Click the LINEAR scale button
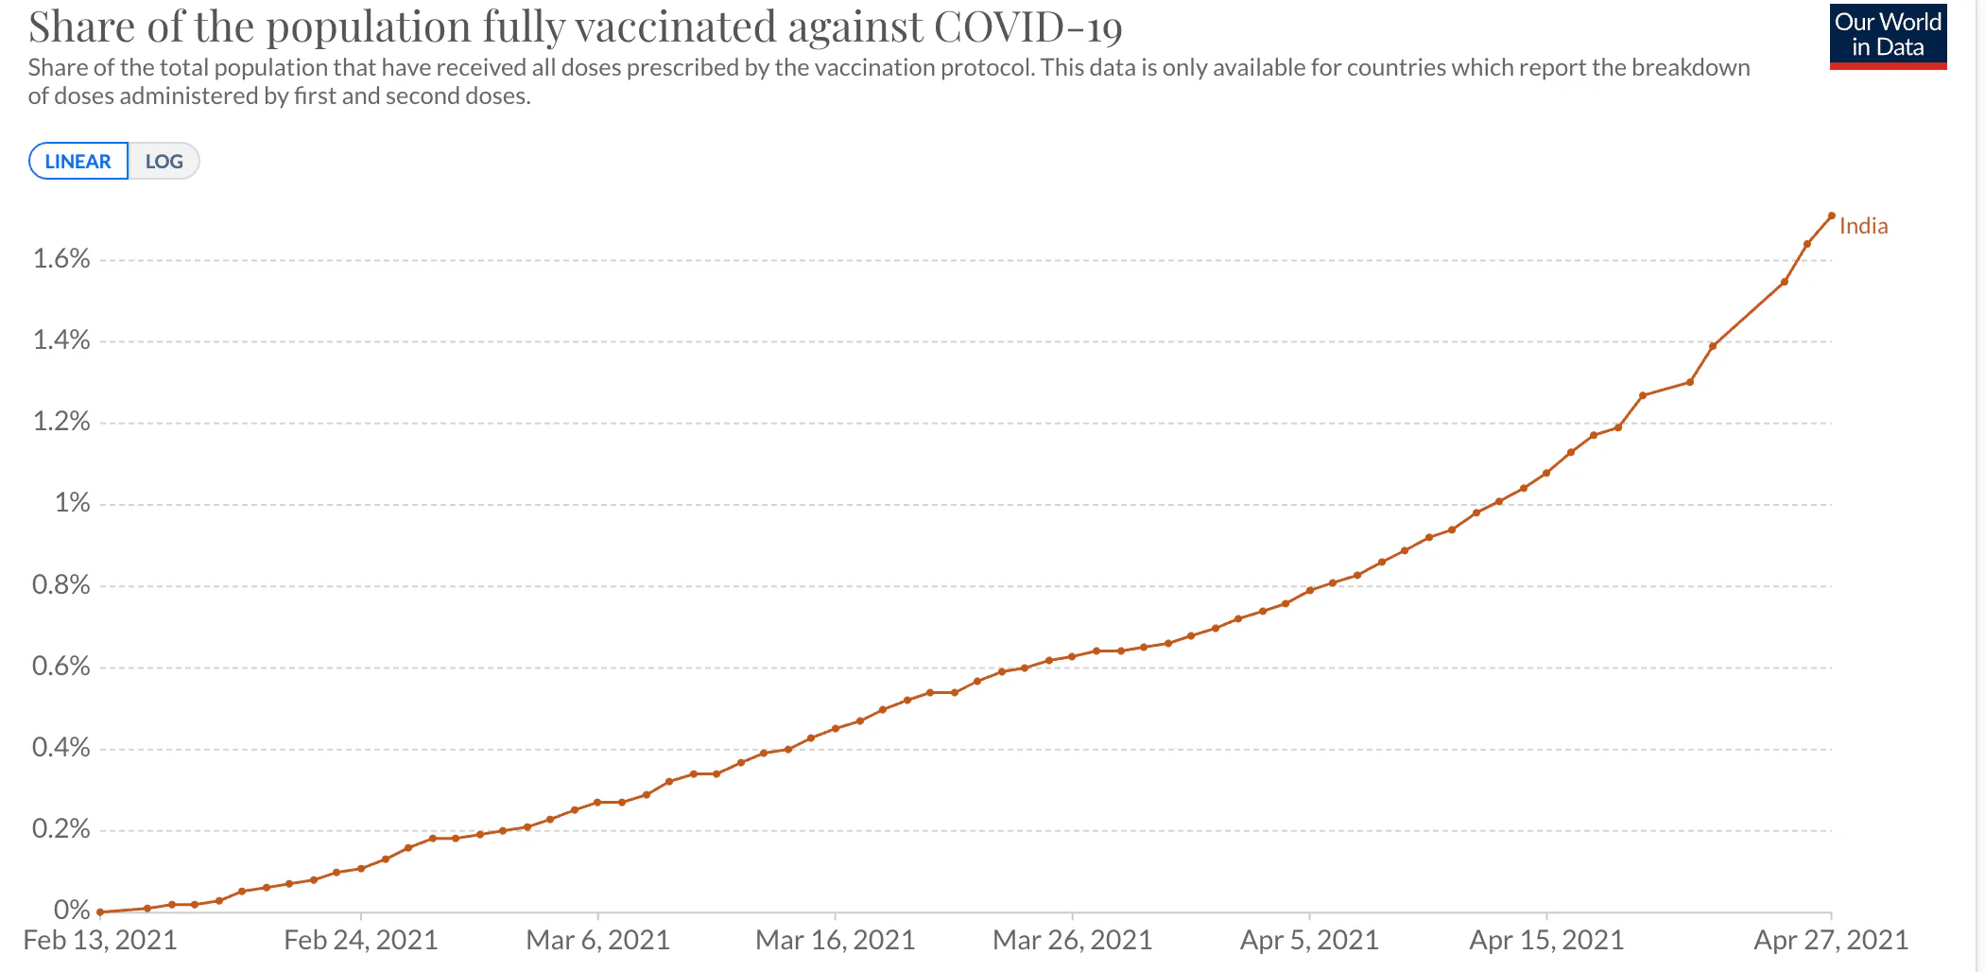(78, 162)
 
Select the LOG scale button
(164, 162)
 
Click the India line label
(1863, 226)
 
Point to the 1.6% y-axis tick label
(61, 259)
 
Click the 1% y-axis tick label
(72, 503)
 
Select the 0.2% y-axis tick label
(61, 829)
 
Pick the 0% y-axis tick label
(72, 910)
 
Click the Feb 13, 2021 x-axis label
(100, 940)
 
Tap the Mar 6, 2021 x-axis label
(597, 940)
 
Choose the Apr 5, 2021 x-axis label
(1309, 940)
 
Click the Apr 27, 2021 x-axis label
(1831, 940)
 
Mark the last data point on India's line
(1831, 217)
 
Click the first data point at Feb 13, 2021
(100, 911)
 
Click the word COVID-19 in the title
(1027, 27)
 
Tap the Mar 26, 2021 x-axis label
(1072, 940)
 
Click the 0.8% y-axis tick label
(61, 585)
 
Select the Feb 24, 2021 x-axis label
(360, 940)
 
